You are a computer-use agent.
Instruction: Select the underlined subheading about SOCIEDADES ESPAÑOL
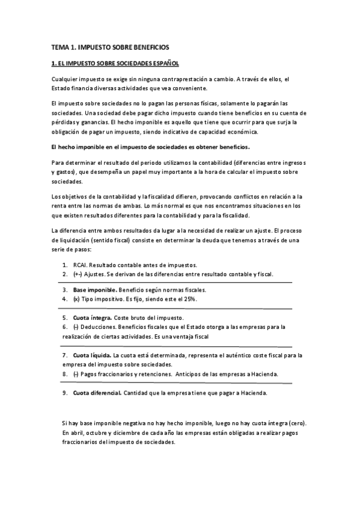(x=115, y=63)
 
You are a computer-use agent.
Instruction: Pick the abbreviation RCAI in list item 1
(x=80, y=265)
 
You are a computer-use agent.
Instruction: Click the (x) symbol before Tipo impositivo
(x=76, y=299)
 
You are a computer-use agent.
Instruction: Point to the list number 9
(x=64, y=393)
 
